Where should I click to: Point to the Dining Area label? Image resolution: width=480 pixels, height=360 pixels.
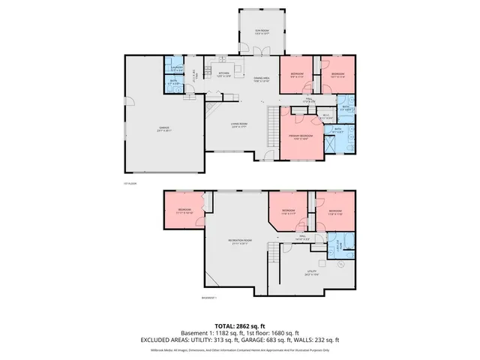coord(260,79)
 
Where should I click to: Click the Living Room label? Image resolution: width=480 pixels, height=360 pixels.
coord(239,125)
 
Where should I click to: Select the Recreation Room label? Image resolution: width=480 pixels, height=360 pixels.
coord(240,242)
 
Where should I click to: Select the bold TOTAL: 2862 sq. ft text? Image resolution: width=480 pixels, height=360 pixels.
coord(240,325)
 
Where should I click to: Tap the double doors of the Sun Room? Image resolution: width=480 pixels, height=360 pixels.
coord(259,51)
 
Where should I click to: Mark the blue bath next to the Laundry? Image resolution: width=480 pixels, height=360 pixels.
coord(174,83)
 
